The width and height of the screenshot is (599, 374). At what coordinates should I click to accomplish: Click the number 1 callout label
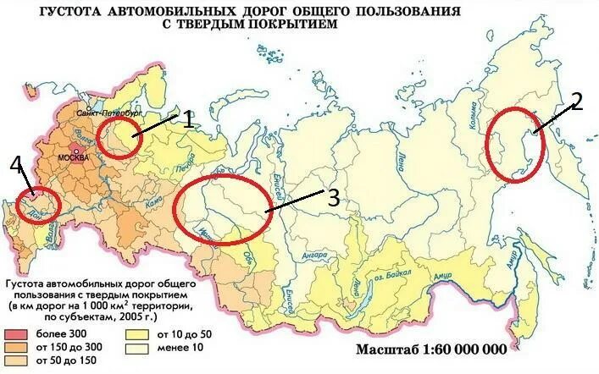point(189,119)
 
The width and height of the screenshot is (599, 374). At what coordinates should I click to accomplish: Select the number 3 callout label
point(333,198)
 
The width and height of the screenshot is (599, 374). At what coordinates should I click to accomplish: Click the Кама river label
point(153,204)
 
